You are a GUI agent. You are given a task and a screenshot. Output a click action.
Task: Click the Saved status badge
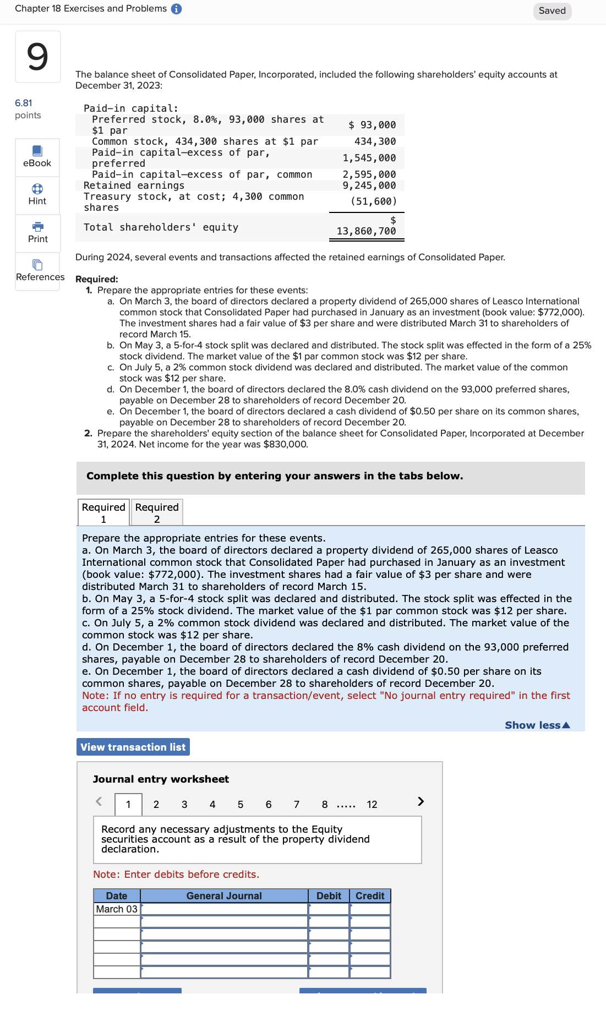pos(552,11)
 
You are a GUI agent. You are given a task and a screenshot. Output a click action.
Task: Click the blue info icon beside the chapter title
pos(176,9)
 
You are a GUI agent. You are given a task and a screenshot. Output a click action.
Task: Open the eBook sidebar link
pos(37,157)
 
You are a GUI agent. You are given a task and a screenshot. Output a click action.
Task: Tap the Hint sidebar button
pos(37,194)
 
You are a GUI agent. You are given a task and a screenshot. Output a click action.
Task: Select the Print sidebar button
pos(37,232)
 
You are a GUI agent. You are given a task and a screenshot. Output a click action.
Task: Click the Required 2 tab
pos(157,512)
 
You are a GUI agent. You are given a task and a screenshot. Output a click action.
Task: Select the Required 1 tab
pos(103,512)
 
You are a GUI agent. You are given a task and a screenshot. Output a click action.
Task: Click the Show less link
pos(537,725)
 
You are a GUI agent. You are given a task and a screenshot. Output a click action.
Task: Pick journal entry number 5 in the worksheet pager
pos(241,805)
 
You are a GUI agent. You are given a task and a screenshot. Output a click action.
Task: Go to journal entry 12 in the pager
pos(372,805)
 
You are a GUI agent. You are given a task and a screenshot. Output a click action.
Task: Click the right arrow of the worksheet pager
pos(421,801)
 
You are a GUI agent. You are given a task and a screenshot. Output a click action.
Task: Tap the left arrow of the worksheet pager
pos(99,801)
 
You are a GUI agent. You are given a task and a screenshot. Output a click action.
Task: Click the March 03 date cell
pos(117,909)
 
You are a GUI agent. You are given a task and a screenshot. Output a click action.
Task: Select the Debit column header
pos(329,896)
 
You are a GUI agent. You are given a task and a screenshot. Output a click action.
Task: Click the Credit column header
pos(370,896)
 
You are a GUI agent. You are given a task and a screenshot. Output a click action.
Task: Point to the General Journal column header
pos(224,896)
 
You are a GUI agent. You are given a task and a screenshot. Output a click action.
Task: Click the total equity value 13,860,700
pos(366,231)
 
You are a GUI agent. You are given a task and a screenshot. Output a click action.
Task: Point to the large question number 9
pos(37,57)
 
